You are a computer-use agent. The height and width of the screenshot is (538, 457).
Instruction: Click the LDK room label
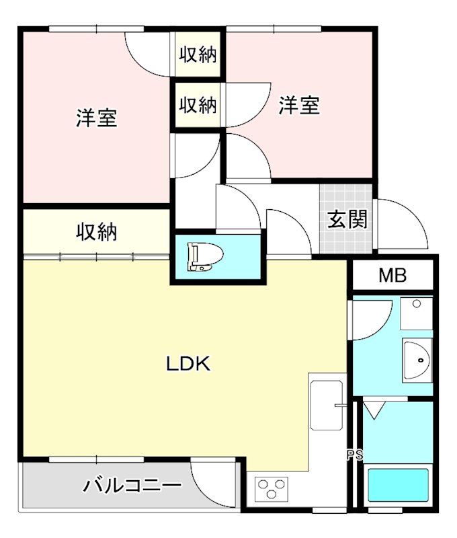(x=188, y=364)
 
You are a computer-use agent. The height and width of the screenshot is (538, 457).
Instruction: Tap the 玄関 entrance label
(x=347, y=219)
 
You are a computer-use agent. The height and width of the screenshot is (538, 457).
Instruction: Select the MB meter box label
(x=393, y=275)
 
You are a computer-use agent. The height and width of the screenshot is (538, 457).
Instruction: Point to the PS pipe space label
(x=355, y=455)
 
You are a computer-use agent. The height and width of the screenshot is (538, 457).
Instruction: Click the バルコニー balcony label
(x=132, y=485)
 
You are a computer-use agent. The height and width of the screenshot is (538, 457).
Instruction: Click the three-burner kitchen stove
(x=272, y=488)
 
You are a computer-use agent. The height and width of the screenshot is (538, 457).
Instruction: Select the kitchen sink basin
(x=327, y=406)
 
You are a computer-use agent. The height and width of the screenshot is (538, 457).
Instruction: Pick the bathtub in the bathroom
(x=398, y=485)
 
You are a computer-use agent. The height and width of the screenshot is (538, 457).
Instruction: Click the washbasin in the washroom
(x=417, y=360)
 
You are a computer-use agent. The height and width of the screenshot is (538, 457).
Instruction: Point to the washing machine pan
(x=416, y=313)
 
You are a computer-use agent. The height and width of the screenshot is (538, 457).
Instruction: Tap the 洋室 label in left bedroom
(x=97, y=118)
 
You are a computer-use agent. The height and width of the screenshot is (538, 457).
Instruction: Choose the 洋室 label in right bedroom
(x=299, y=105)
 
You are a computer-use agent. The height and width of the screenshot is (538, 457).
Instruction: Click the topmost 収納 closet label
(x=198, y=54)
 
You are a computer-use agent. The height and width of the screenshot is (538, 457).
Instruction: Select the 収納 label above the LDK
(x=96, y=232)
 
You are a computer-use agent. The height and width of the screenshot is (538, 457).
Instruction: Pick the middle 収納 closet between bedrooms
(x=198, y=105)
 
